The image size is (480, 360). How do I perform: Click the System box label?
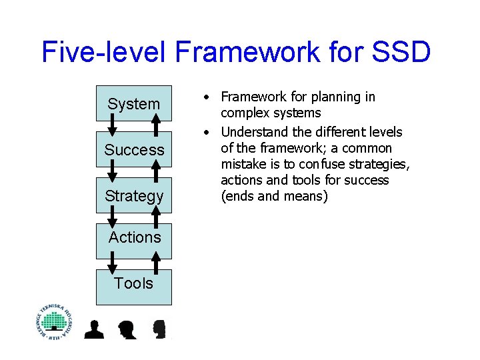click(133, 104)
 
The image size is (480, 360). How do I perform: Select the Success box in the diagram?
click(133, 150)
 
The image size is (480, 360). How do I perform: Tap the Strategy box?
click(133, 196)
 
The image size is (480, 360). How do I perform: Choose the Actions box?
click(135, 237)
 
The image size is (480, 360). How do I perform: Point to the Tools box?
click(133, 283)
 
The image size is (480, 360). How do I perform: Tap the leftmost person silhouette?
click(94, 329)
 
